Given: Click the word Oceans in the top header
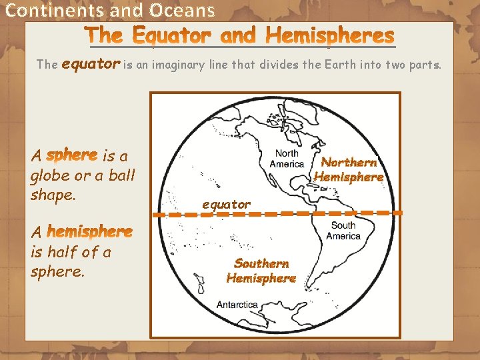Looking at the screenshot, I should [x=182, y=11].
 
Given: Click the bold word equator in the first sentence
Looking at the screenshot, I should [x=91, y=64].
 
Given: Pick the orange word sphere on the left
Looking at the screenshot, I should [x=72, y=155].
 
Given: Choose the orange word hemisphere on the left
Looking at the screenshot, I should [x=90, y=232].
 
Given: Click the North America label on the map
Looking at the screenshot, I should [x=287, y=159].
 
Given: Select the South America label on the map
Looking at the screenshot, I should [x=343, y=231].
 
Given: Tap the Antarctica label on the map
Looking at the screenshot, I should [x=237, y=305].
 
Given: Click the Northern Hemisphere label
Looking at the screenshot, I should [x=349, y=170].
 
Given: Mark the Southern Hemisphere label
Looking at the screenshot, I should [x=261, y=271].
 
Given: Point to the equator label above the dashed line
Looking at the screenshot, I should [x=227, y=204].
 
